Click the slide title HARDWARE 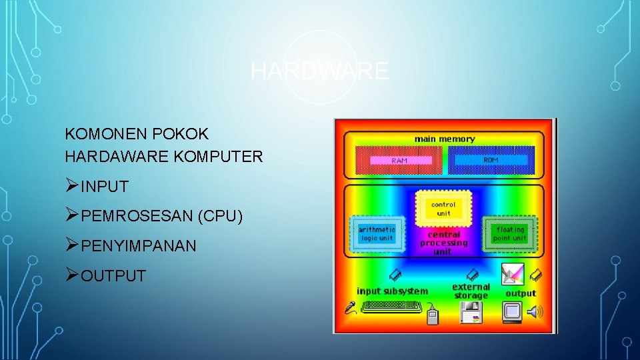click(319, 71)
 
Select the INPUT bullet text click(104, 187)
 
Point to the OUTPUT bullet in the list click(113, 276)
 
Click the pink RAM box click(399, 161)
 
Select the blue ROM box click(490, 160)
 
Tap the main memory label click(445, 139)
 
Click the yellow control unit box click(443, 209)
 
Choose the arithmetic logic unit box click(377, 233)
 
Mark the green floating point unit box click(509, 233)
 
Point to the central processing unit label click(443, 243)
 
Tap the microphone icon click(351, 307)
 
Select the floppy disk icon click(471, 312)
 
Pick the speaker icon click(535, 311)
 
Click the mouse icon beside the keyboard click(432, 316)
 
